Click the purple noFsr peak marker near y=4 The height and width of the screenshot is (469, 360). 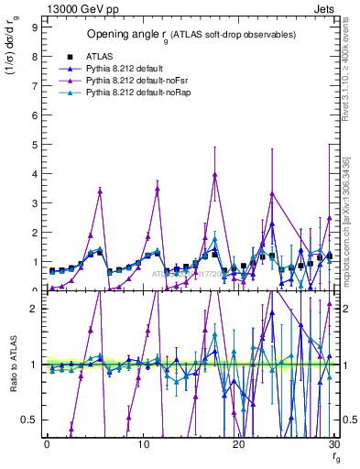214,174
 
